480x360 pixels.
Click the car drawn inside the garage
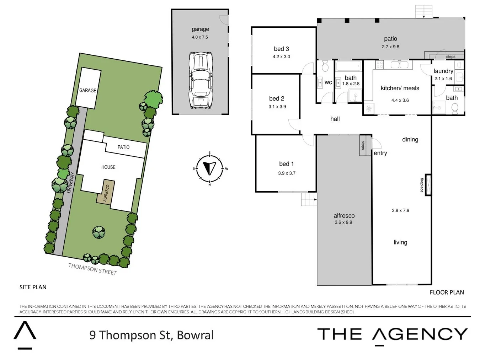(x=200, y=81)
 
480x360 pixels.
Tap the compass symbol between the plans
(x=209, y=168)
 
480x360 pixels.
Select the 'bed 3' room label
(x=281, y=49)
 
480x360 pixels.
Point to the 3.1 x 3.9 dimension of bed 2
(x=277, y=107)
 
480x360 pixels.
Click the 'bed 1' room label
(x=286, y=164)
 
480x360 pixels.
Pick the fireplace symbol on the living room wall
(x=428, y=185)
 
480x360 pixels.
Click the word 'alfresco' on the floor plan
(x=344, y=216)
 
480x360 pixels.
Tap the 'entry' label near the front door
(x=380, y=153)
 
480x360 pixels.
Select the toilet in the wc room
(x=325, y=66)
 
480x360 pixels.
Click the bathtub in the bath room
(x=349, y=66)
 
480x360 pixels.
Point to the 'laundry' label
(x=443, y=71)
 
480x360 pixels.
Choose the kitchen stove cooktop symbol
(x=379, y=65)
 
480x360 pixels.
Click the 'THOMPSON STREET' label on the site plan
(x=92, y=269)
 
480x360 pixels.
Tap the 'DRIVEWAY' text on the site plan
(x=70, y=182)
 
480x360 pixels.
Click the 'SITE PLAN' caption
(x=33, y=287)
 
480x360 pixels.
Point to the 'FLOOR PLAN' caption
(x=447, y=292)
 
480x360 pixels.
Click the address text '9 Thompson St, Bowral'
(x=151, y=335)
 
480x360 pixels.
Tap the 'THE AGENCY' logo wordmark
(x=392, y=334)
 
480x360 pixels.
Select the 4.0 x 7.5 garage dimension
(x=200, y=37)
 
